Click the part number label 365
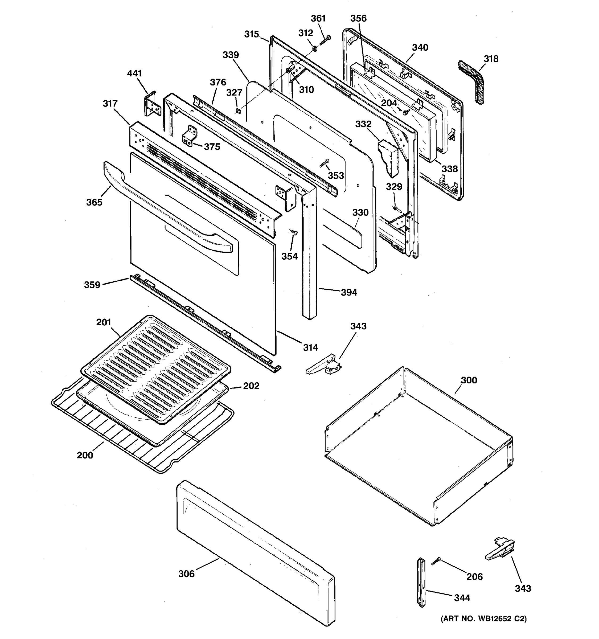(x=94, y=202)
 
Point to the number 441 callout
(x=134, y=73)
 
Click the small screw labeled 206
(x=436, y=562)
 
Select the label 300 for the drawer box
(x=469, y=380)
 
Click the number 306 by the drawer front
(x=186, y=574)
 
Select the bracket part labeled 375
(x=189, y=137)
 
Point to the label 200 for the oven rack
(x=85, y=455)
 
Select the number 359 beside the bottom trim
(x=92, y=284)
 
